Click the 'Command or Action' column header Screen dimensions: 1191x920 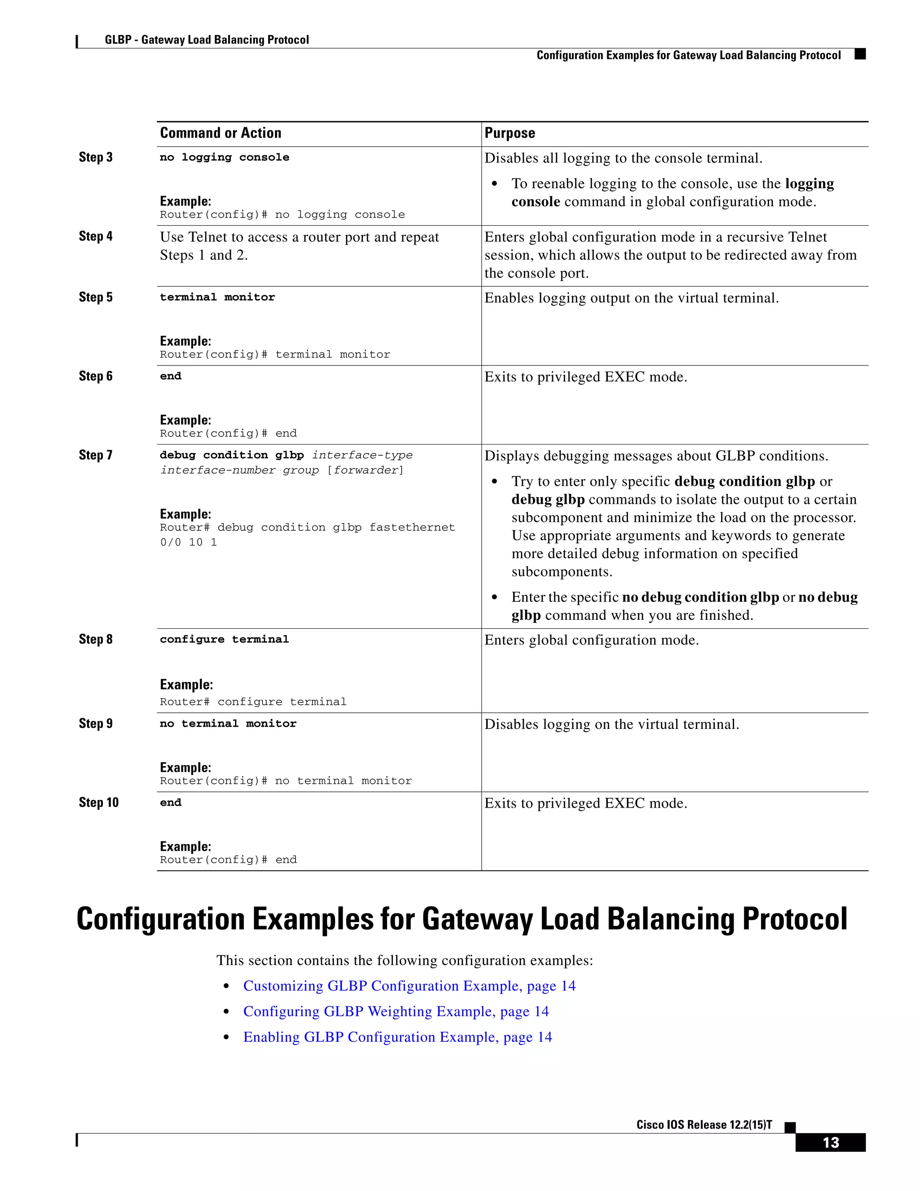pyautogui.click(x=220, y=133)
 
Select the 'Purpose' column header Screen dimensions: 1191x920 pyautogui.click(x=509, y=133)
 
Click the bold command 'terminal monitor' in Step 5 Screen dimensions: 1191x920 pyautogui.click(x=217, y=297)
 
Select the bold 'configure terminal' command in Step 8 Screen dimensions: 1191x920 pyautogui.click(x=224, y=639)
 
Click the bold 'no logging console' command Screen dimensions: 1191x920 pyautogui.click(x=224, y=158)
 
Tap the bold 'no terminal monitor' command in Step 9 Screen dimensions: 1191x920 pyautogui.click(x=228, y=724)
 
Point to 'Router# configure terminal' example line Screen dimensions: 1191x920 pyautogui.click(x=253, y=702)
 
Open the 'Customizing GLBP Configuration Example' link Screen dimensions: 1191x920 pyautogui.click(x=409, y=986)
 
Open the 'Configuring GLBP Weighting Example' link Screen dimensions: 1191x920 pyautogui.click(x=396, y=1012)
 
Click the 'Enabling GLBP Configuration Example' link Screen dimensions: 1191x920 pyautogui.click(x=397, y=1037)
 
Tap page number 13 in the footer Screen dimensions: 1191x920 pyautogui.click(x=830, y=1143)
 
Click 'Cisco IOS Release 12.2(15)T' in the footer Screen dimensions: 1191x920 pyautogui.click(x=703, y=1125)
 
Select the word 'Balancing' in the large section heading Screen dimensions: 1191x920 pyautogui.click(x=670, y=920)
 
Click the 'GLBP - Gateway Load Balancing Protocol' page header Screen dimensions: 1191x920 pyautogui.click(x=207, y=40)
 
